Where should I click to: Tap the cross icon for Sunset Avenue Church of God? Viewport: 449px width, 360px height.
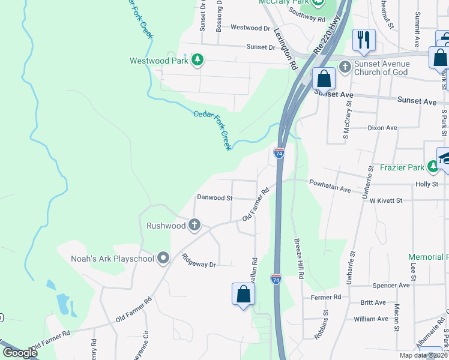[345, 66]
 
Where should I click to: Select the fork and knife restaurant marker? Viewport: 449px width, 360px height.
[364, 40]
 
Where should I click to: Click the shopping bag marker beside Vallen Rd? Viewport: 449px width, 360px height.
[243, 294]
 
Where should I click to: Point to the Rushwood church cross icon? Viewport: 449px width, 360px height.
[194, 226]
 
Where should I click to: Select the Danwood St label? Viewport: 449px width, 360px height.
[214, 197]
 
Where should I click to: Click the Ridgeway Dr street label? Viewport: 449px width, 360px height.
[198, 260]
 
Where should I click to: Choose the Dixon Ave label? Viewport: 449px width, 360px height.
[382, 128]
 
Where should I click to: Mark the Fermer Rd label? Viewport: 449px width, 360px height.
[326, 297]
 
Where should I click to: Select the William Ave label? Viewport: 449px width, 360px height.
[371, 319]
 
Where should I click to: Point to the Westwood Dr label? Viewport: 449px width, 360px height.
[250, 28]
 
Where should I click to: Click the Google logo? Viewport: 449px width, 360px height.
[20, 353]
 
